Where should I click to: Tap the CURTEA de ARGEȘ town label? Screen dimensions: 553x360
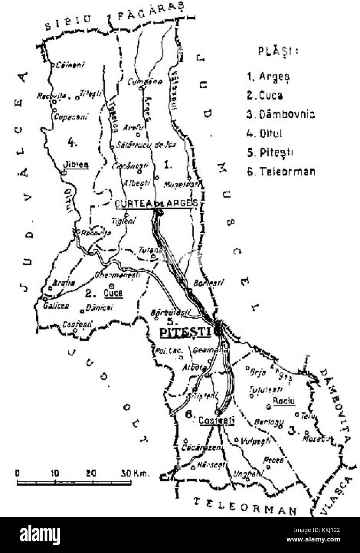(156, 203)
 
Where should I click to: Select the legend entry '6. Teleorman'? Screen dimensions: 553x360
(280, 171)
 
